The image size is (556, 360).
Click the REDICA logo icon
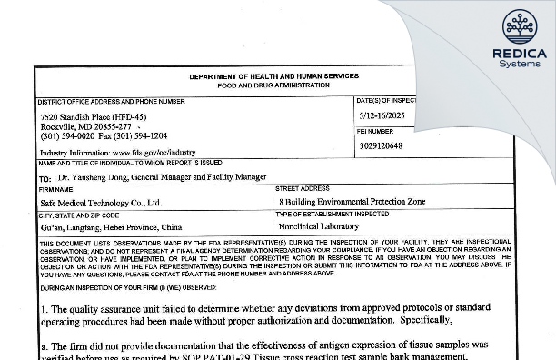tap(520, 27)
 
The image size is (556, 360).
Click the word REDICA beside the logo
tap(520, 54)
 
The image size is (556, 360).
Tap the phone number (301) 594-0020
tap(65, 136)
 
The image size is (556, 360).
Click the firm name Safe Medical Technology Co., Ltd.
tap(101, 203)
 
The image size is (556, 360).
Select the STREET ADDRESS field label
tap(303, 188)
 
